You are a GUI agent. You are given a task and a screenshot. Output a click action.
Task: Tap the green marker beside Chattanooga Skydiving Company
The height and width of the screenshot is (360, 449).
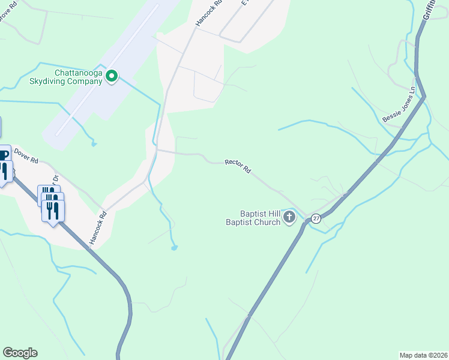click(x=112, y=76)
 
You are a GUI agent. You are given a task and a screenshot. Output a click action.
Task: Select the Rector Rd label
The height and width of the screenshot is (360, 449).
click(x=238, y=166)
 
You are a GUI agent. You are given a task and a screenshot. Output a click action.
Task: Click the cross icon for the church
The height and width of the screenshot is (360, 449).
click(x=290, y=217)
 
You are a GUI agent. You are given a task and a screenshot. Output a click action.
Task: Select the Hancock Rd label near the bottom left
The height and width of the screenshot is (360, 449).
click(x=97, y=227)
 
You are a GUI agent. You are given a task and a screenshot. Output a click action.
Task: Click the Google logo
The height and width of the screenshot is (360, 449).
click(x=20, y=353)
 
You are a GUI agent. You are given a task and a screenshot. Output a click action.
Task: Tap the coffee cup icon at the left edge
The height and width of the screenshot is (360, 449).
click(x=3, y=155)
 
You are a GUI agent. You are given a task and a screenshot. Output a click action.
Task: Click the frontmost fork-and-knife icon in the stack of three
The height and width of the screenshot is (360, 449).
click(x=53, y=211)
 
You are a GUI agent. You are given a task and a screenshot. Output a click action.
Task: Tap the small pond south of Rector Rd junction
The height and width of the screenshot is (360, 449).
click(x=173, y=247)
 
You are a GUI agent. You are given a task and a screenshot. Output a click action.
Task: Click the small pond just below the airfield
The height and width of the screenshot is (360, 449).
click(x=93, y=144)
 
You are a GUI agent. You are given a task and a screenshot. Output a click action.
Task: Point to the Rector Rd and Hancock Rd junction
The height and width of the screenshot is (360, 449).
click(x=157, y=151)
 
